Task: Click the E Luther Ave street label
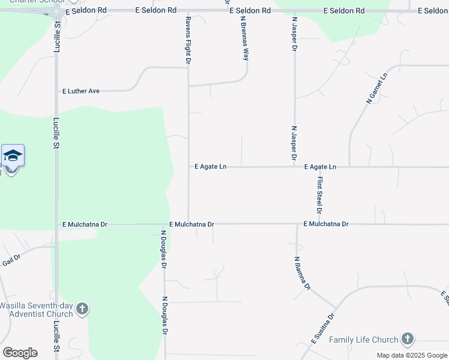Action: point(81,91)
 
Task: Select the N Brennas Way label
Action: point(245,38)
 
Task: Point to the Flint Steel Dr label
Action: point(320,195)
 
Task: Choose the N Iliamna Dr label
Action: point(302,274)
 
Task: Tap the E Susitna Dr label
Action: point(322,329)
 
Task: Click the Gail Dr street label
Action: point(11,260)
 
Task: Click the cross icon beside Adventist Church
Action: point(82,310)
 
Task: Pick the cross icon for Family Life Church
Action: point(408,339)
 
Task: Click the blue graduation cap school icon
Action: point(13,156)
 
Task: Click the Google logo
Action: point(20,352)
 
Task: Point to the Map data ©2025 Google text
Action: point(412,356)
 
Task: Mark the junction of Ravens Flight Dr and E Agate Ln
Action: point(188,167)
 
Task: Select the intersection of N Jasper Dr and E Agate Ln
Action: point(295,167)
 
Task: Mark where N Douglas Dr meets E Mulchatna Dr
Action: point(165,224)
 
